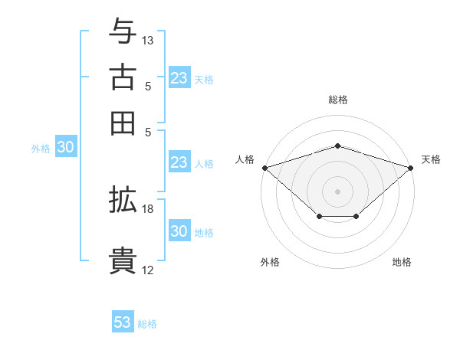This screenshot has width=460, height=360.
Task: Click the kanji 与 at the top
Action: tap(123, 32)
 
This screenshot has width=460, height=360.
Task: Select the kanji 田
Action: tap(123, 123)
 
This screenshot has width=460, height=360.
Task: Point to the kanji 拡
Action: tap(123, 200)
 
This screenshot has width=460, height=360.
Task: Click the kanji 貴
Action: tap(123, 260)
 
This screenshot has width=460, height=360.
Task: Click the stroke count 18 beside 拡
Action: tap(149, 208)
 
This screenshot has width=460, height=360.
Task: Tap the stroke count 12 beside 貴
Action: tap(149, 270)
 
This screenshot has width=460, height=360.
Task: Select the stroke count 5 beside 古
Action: tap(149, 87)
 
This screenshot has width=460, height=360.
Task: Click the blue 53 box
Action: tap(123, 322)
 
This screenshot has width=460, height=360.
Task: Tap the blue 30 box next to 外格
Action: tap(65, 149)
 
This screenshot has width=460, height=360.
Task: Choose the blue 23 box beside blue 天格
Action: tap(179, 78)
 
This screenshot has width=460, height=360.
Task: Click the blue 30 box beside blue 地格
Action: tap(179, 232)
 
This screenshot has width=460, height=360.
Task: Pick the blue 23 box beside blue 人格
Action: tap(179, 162)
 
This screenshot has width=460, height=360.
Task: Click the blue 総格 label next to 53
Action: tap(147, 324)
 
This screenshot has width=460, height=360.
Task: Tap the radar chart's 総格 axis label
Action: tap(337, 100)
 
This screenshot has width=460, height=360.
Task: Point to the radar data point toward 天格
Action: tap(411, 167)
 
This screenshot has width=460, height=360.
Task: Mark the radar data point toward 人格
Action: tap(264, 167)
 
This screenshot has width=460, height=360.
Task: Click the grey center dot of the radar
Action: tap(337, 190)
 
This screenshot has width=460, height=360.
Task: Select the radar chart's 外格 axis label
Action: tap(270, 262)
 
